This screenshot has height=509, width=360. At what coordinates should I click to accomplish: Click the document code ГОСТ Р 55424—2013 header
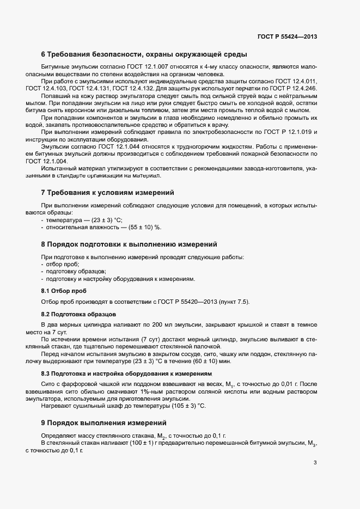[287, 37]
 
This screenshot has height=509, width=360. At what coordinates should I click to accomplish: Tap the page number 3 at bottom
[315, 463]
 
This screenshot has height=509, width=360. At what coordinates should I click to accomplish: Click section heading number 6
[44, 54]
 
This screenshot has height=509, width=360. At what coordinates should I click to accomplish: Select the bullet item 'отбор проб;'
[63, 264]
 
